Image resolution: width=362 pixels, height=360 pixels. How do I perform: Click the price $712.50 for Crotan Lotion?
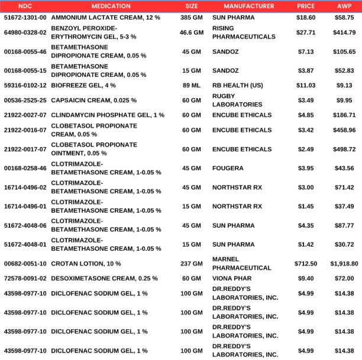[x=306, y=264]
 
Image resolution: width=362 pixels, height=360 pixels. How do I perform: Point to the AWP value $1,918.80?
[x=344, y=264]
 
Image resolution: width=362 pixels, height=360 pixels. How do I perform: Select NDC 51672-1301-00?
[x=25, y=18]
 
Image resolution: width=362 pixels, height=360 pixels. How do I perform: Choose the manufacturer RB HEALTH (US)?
[x=237, y=85]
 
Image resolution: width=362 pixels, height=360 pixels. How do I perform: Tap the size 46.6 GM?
[x=191, y=32]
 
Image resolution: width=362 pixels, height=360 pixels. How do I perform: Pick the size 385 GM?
[x=191, y=18]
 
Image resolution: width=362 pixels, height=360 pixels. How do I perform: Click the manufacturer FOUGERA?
[x=228, y=168]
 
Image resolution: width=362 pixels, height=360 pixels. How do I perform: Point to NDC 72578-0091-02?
[x=25, y=278]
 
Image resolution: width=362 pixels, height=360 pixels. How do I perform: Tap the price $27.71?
[x=306, y=32]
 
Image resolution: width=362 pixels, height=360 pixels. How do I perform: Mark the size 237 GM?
[x=191, y=264]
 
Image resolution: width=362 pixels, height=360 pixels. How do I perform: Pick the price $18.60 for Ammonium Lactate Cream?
[x=306, y=18]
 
